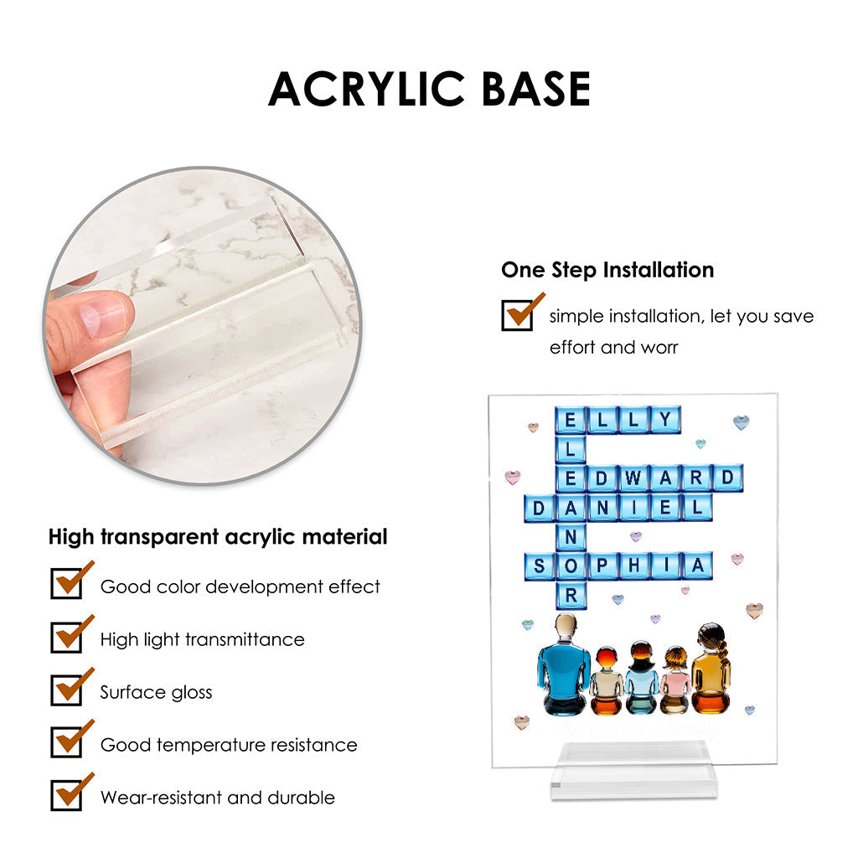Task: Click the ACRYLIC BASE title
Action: click(x=430, y=89)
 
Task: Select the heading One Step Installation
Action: click(x=607, y=270)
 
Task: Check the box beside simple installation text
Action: click(x=517, y=316)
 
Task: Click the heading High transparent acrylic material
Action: click(x=218, y=537)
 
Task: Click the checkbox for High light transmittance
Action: click(x=66, y=637)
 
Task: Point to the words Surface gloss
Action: click(x=156, y=692)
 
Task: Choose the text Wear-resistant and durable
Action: click(x=217, y=798)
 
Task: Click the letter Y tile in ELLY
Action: click(x=665, y=420)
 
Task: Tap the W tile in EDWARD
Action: click(x=633, y=478)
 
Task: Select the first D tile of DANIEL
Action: click(x=539, y=509)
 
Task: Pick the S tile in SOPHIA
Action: click(x=539, y=566)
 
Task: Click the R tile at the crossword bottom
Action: click(x=571, y=596)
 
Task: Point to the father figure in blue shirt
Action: click(x=564, y=664)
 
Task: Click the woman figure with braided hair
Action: click(x=711, y=669)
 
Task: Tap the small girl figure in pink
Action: click(x=675, y=680)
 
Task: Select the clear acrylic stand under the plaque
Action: click(x=633, y=771)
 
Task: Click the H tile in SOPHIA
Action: click(x=634, y=566)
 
